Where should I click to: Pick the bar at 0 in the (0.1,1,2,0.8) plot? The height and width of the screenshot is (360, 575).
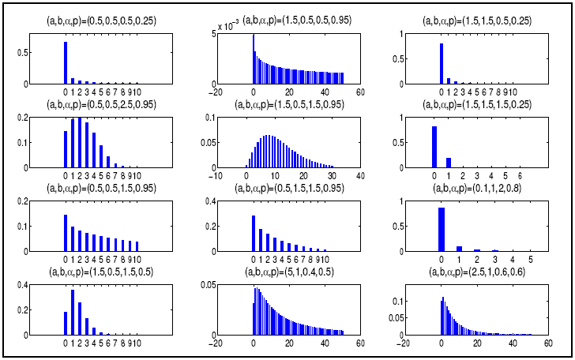tap(441, 230)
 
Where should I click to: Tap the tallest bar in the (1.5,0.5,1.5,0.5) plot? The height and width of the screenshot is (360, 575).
tap(73, 313)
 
